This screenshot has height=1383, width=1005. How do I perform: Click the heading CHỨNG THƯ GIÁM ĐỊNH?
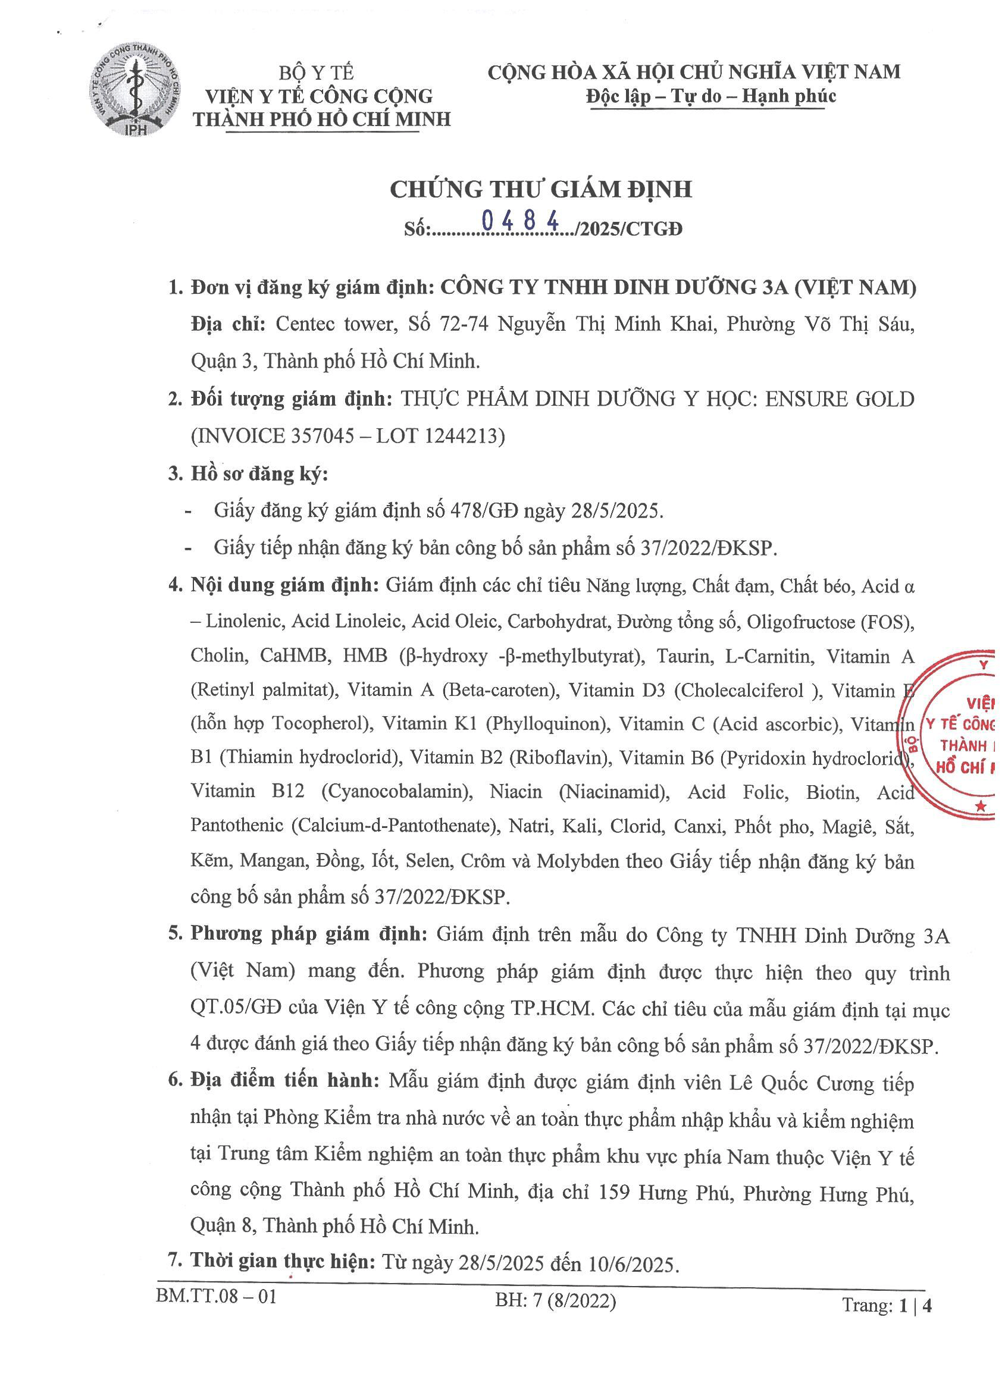click(540, 190)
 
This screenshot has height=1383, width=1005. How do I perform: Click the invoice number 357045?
click(321, 436)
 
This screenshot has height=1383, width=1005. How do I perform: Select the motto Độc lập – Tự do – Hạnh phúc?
click(710, 96)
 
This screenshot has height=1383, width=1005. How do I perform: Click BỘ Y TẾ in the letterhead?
click(317, 73)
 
